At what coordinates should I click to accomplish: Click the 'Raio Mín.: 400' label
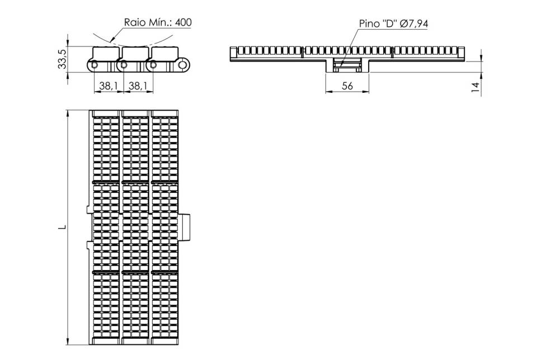(158, 22)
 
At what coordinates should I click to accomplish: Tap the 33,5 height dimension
(62, 58)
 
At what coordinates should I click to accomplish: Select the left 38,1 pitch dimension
(108, 86)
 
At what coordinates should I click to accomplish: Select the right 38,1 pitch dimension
(138, 86)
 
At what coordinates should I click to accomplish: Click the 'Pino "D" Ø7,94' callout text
(393, 23)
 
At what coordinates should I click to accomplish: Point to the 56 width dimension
(347, 86)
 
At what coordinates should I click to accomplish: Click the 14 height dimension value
(475, 87)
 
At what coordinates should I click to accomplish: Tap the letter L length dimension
(62, 227)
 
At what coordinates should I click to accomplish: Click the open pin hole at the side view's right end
(184, 65)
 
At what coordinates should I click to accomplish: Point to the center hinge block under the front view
(347, 65)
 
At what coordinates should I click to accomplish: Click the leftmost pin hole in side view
(94, 65)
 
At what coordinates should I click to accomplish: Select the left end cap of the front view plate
(233, 54)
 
